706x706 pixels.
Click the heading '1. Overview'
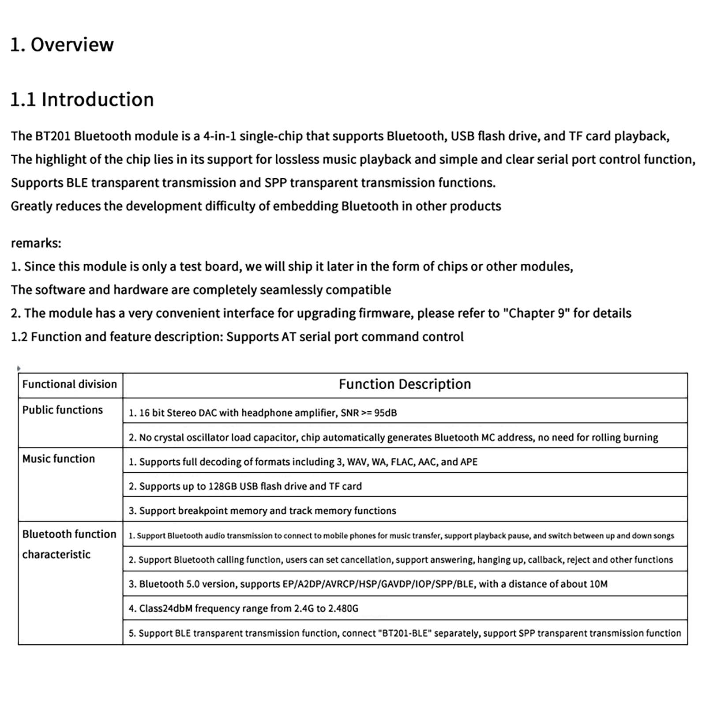(62, 45)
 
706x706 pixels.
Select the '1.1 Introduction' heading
(82, 100)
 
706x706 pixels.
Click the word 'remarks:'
(36, 243)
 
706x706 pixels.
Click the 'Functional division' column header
(70, 384)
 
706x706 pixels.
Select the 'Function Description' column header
(405, 384)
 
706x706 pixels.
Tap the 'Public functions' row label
(63, 410)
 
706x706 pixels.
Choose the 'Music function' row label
(59, 459)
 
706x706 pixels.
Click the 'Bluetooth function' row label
(69, 534)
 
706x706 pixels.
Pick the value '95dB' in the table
(385, 413)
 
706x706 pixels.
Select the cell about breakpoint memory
(262, 511)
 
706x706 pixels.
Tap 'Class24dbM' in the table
(165, 608)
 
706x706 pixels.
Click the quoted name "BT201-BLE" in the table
(406, 633)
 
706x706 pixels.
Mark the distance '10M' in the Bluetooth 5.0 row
(598, 584)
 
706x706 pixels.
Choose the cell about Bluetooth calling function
(401, 560)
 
